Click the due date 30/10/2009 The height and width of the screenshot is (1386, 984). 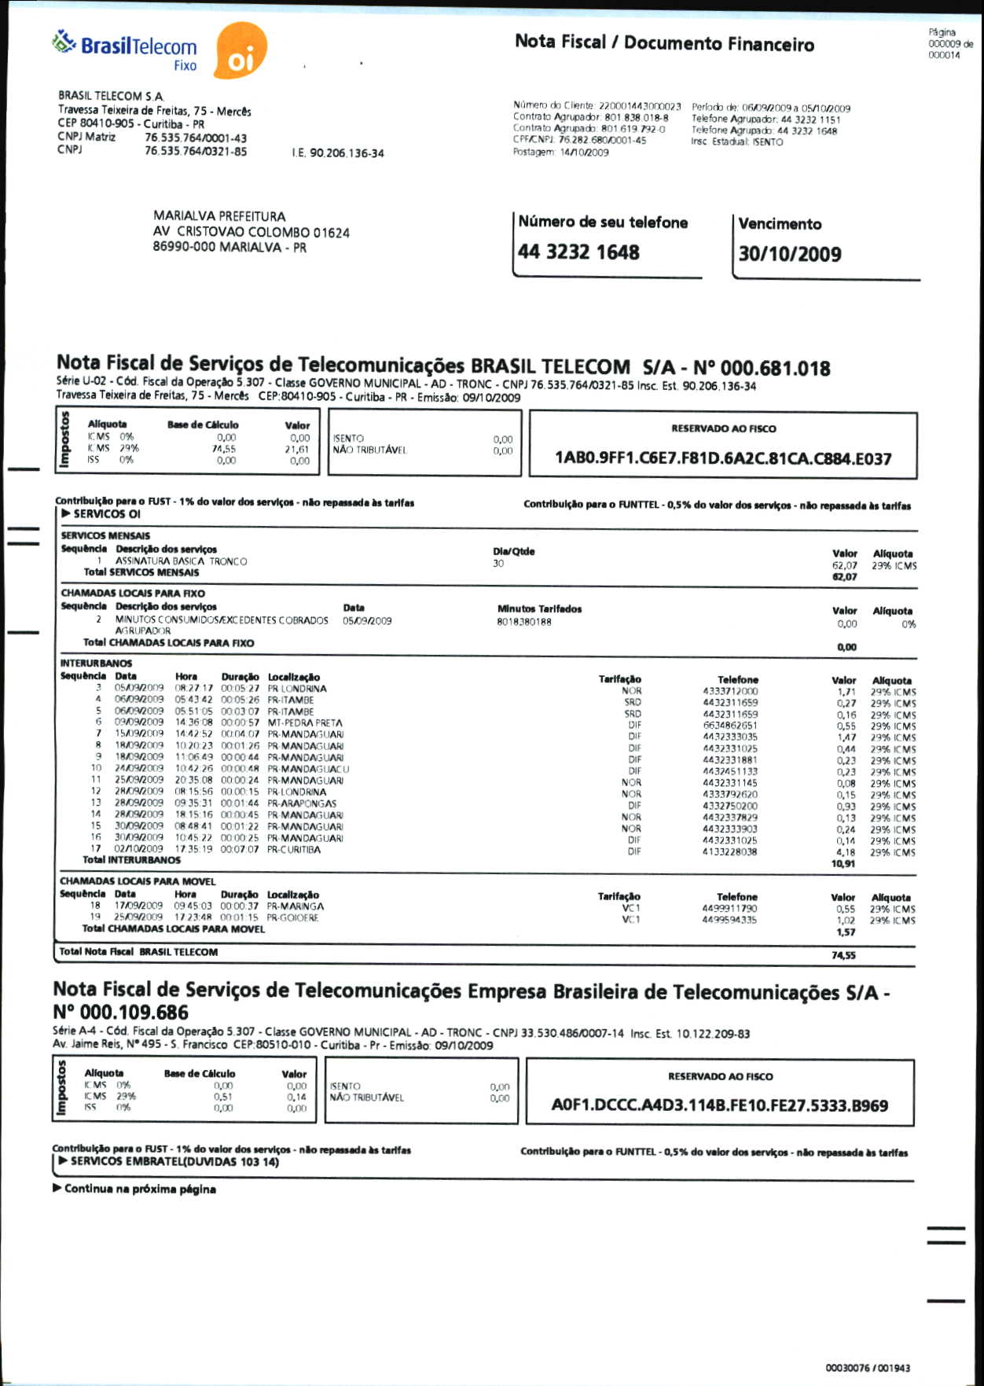coord(790,254)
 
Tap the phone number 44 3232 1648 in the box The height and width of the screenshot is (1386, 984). coord(578,252)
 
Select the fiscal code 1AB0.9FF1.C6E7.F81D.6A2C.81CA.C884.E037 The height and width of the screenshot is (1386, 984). coord(723,458)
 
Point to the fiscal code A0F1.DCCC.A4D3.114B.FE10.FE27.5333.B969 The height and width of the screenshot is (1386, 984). coord(720,1106)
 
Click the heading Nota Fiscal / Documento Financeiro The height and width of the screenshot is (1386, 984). coord(664,43)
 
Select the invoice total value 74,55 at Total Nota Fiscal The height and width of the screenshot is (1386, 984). coord(843,955)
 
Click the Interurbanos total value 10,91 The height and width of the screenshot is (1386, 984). coord(843,863)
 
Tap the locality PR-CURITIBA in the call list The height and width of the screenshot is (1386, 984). coord(294,849)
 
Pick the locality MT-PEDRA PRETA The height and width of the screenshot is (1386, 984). coord(305,722)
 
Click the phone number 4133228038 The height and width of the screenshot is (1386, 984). coord(730,851)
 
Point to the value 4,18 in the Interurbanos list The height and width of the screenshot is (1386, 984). coord(846,851)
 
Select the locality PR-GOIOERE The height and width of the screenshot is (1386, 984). coord(292,917)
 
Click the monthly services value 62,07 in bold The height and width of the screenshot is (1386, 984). coord(845,576)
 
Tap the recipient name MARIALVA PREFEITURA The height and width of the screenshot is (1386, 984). coord(219,216)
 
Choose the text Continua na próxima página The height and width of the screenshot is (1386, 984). coord(139,1189)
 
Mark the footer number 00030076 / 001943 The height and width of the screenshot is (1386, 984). coord(868,1368)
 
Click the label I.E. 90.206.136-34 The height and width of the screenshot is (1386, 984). coord(338,153)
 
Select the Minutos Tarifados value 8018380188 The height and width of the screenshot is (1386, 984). coord(524,622)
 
